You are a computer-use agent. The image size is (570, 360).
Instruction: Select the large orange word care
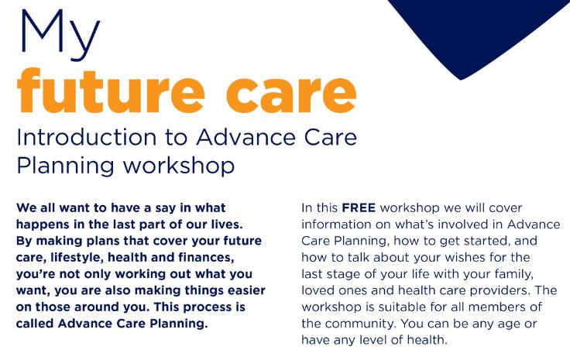point(291,94)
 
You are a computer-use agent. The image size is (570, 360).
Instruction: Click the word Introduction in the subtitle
point(87,137)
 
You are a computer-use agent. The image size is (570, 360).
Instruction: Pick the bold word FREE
point(359,207)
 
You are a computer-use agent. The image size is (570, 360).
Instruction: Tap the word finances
point(206,258)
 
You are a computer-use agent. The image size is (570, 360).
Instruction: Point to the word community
point(357,324)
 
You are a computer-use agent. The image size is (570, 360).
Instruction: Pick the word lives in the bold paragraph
point(227,225)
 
